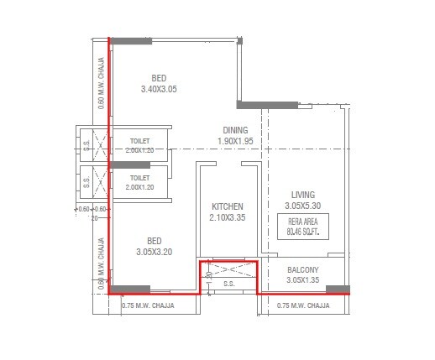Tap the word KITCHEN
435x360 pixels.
(227, 206)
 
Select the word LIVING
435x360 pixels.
(301, 194)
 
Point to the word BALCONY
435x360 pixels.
(301, 269)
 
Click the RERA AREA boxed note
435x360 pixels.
(301, 226)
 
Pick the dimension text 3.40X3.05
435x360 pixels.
(159, 89)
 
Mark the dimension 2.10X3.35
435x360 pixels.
(227, 218)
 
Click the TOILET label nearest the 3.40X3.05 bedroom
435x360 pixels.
(139, 141)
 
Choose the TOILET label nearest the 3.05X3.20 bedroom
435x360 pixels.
(139, 178)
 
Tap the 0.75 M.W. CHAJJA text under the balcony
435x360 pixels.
(302, 305)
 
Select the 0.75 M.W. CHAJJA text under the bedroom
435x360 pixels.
(148, 305)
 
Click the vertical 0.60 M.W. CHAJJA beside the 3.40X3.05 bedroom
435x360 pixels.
(101, 84)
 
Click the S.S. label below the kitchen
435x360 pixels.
(228, 284)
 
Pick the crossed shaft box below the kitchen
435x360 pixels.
(228, 269)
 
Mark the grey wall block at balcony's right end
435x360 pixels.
(338, 290)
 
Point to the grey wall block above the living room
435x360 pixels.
(268, 104)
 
